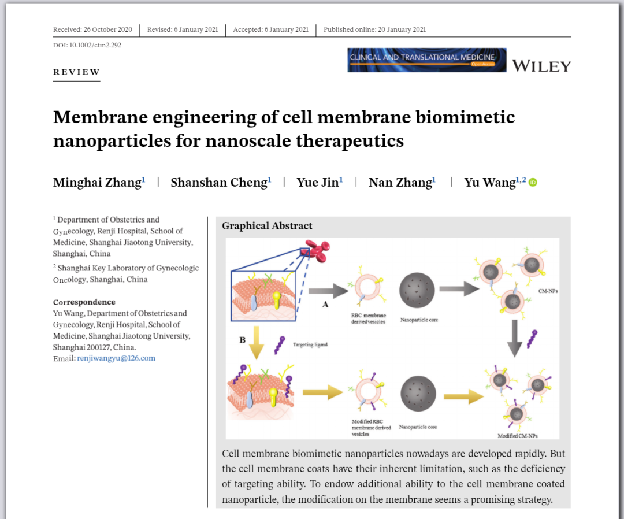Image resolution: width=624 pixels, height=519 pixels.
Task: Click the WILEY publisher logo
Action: click(541, 66)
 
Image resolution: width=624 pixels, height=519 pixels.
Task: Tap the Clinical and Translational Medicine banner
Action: click(426, 60)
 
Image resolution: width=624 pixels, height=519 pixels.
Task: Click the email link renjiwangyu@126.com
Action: click(116, 358)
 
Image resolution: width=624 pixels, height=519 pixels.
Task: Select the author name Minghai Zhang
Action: click(97, 183)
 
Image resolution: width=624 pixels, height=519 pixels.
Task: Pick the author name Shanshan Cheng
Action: click(219, 183)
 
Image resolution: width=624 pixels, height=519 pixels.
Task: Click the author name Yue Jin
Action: click(318, 183)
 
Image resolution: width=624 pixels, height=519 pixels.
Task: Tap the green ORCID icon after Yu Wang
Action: click(533, 183)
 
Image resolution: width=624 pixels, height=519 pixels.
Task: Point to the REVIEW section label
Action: click(76, 72)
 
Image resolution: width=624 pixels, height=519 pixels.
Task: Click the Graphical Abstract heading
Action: click(267, 226)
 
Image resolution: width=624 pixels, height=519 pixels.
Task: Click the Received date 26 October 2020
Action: click(92, 29)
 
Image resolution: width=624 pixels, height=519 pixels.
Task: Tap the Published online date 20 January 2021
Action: click(374, 29)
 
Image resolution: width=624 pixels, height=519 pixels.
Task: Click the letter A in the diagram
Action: click(325, 304)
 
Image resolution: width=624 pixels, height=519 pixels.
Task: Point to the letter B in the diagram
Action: click(242, 340)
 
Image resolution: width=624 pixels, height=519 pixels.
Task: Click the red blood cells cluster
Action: click(315, 249)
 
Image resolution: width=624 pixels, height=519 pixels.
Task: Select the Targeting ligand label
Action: click(310, 344)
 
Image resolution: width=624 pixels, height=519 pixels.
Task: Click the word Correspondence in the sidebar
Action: click(84, 302)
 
